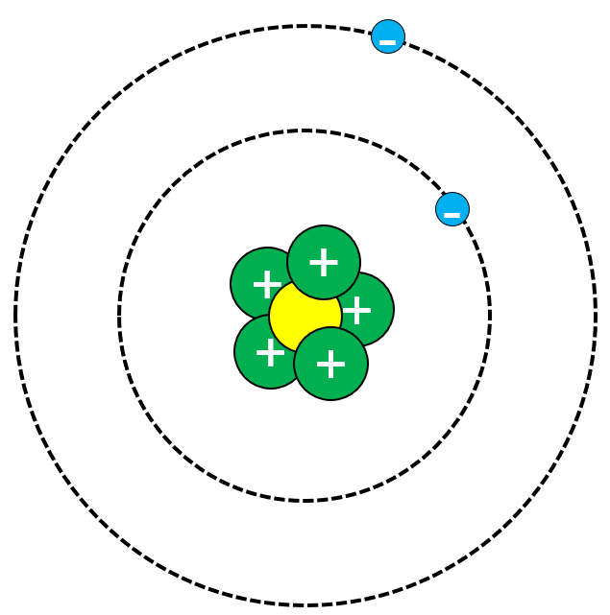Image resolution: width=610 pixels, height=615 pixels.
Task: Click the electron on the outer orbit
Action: pyautogui.click(x=388, y=36)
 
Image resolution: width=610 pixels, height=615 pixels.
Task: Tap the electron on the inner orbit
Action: pyautogui.click(x=452, y=209)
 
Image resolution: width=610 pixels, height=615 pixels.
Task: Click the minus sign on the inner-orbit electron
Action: pyautogui.click(x=452, y=213)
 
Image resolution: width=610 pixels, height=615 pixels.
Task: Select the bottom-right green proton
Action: pyautogui.click(x=331, y=365)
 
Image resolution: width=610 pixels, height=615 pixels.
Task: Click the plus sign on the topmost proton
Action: pyautogui.click(x=324, y=262)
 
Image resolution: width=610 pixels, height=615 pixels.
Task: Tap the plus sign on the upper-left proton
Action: pyautogui.click(x=266, y=285)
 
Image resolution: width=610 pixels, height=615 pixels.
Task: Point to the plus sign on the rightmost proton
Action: pyautogui.click(x=357, y=310)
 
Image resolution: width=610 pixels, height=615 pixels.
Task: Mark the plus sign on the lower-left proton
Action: pyautogui.click(x=270, y=353)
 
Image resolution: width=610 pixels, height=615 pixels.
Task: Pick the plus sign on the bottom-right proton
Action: pyautogui.click(x=330, y=364)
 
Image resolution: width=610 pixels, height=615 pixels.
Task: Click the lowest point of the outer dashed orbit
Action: pyautogui.click(x=305, y=605)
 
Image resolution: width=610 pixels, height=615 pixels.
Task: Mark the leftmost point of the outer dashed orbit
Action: pyautogui.click(x=15, y=316)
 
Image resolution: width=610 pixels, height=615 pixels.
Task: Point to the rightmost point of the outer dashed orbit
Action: pyautogui.click(x=596, y=316)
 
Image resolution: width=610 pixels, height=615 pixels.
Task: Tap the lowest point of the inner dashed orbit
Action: pyautogui.click(x=305, y=500)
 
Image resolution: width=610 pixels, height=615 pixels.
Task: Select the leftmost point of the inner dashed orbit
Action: pyautogui.click(x=120, y=316)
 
